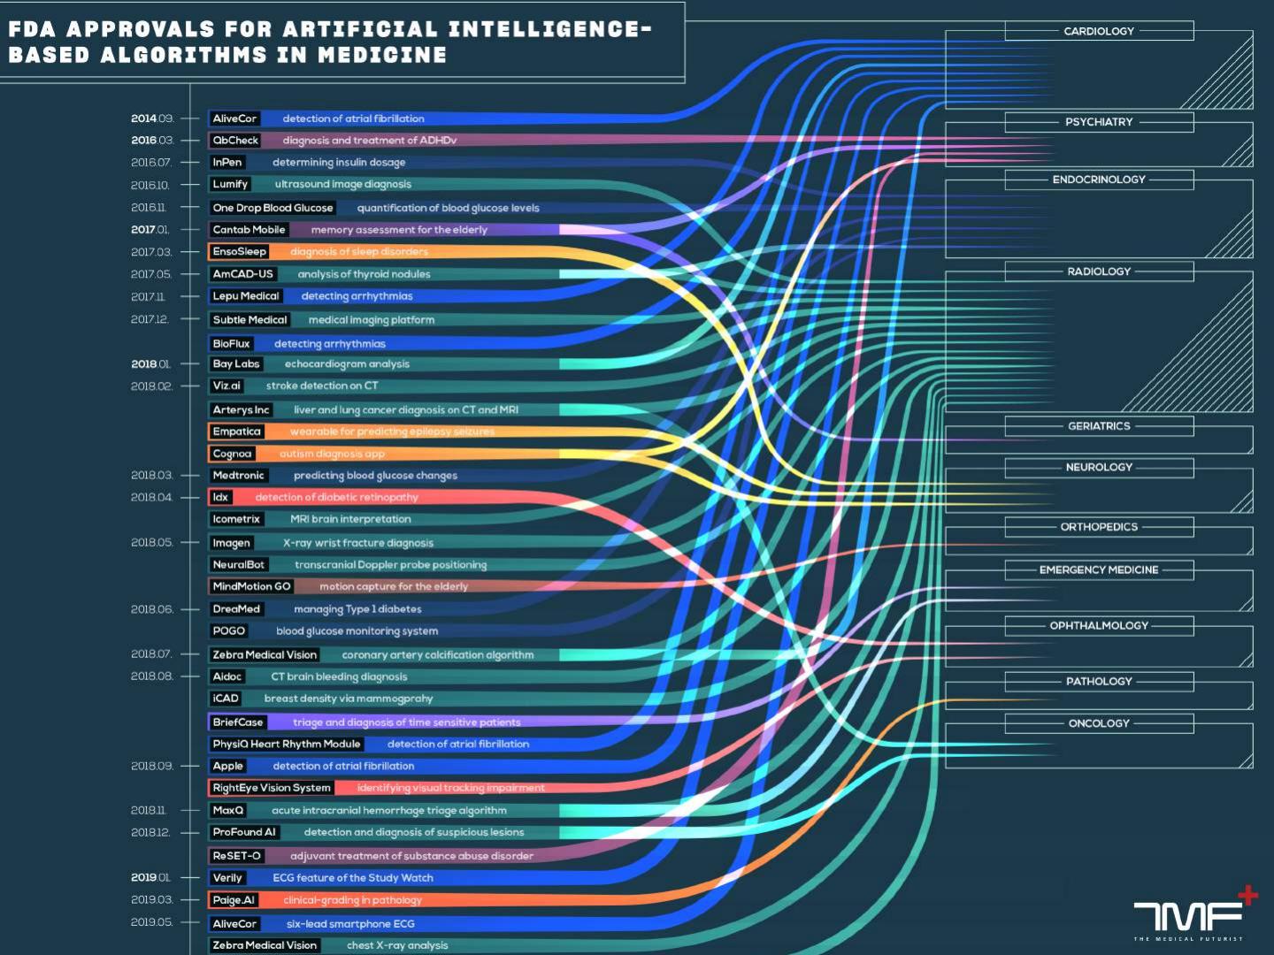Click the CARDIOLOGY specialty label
coord(1099,31)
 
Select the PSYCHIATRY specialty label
coord(1099,122)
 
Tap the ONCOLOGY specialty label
coord(1099,723)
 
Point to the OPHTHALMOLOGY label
coord(1099,626)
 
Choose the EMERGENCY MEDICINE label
coord(1099,570)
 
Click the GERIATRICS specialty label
coord(1099,426)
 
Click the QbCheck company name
coord(235,141)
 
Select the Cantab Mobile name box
coord(249,230)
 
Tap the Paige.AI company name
coord(234,900)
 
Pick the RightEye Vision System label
coord(272,788)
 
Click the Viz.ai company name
coord(226,386)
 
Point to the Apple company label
coord(227,766)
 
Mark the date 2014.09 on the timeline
coord(152,118)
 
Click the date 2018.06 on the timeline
coord(152,609)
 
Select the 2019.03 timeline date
coord(152,899)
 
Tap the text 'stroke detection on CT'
coord(322,386)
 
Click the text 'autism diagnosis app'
coord(332,454)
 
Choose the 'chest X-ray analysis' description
coord(397,945)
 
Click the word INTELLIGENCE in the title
coord(549,29)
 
